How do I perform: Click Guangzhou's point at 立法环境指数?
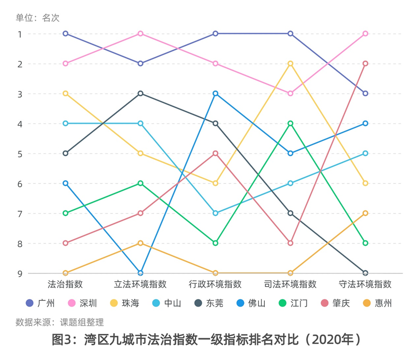(140, 63)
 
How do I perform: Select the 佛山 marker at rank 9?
(140, 273)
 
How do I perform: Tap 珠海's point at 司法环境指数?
(290, 63)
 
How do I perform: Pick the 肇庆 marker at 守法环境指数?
(365, 63)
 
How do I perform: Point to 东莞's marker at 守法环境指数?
(365, 273)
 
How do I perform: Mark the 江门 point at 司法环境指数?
(290, 123)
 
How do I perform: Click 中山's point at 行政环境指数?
(216, 213)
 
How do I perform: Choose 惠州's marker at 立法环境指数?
(140, 243)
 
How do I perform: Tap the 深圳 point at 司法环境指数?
(290, 93)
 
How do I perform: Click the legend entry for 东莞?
(208, 303)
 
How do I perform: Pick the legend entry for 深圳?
(82, 303)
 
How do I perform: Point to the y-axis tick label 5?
(20, 154)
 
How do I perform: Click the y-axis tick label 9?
(20, 274)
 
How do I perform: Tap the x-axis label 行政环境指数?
(216, 284)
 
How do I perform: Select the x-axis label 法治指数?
(65, 284)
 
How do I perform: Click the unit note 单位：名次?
(38, 18)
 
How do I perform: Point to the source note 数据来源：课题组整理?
(59, 322)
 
